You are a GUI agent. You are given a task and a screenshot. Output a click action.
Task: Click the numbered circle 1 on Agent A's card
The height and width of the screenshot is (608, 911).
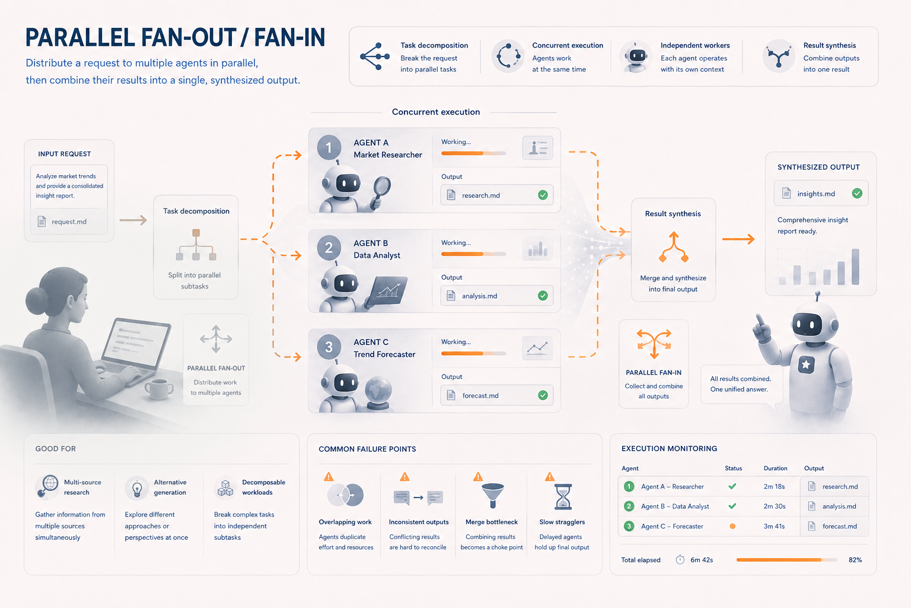(329, 147)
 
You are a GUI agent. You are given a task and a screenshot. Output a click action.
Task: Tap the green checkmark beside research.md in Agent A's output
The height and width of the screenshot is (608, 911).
(543, 195)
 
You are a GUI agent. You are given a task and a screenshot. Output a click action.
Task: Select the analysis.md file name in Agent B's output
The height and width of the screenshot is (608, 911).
(479, 296)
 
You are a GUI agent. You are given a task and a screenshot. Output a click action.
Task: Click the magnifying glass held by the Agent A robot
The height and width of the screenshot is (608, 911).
(381, 190)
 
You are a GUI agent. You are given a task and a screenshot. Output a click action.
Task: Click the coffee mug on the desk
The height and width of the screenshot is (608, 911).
(158, 388)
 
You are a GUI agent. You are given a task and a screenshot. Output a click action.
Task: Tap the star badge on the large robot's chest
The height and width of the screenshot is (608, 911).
(806, 364)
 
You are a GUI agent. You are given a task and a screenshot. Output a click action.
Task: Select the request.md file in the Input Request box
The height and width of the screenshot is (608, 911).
(69, 221)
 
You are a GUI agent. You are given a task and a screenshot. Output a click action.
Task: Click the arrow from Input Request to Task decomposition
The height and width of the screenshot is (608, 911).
(133, 220)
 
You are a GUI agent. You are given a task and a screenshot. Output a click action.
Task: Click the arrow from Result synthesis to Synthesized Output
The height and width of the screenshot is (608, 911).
(738, 239)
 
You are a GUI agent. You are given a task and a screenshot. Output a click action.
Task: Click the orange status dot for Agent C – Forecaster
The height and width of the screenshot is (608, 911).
(732, 526)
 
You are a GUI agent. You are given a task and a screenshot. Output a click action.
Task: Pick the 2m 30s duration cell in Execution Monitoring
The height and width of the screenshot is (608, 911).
(775, 506)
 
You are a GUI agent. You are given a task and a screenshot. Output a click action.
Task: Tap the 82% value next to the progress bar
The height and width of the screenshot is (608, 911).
(855, 560)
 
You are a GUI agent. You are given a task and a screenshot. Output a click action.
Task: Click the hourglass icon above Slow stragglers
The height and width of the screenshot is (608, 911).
(563, 497)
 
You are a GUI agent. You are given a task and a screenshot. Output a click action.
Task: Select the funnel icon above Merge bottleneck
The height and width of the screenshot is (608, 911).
(492, 495)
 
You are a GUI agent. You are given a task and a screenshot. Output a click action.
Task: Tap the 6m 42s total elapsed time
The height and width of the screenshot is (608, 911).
(702, 560)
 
